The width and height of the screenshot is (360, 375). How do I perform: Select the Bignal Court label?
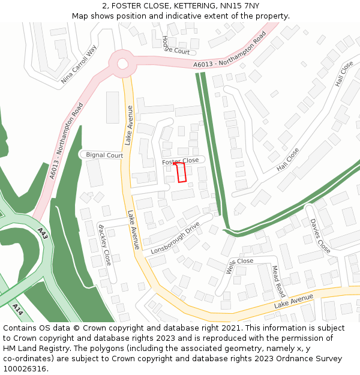coord(104,155)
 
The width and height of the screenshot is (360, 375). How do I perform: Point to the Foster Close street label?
coord(180,161)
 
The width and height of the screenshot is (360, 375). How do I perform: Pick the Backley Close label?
coord(105,245)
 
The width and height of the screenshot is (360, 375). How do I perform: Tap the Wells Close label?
coord(239,262)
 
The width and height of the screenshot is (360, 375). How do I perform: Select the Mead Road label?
coord(278,281)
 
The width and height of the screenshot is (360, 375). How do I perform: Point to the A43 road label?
coord(43,233)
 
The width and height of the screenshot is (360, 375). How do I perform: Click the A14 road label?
coord(18,310)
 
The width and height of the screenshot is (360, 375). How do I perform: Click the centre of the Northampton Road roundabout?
coord(122,64)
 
